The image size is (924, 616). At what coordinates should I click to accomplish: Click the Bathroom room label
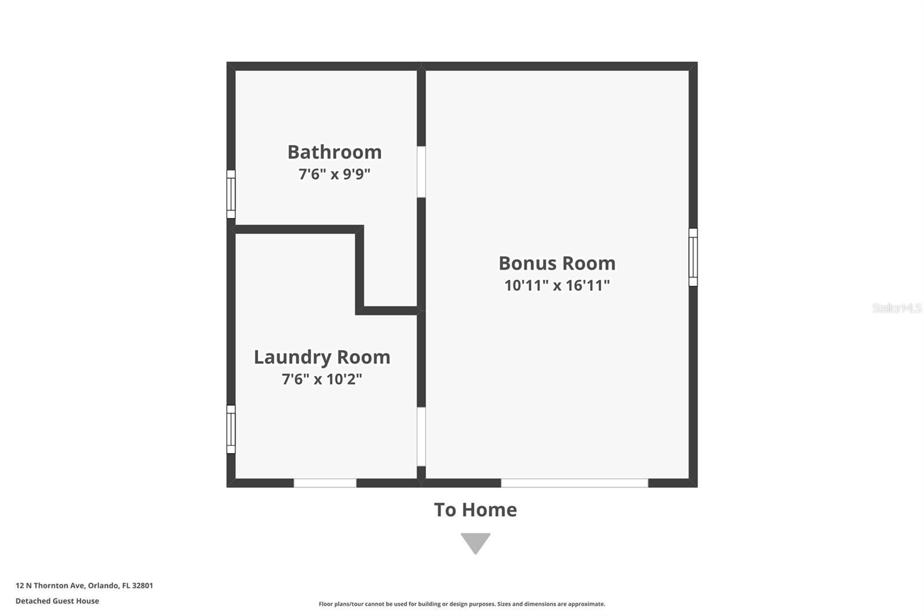point(334,153)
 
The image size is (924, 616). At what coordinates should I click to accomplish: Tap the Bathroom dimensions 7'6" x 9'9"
point(334,175)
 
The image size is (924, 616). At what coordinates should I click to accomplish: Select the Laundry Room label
point(322,357)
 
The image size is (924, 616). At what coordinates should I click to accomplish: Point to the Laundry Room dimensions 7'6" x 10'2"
point(322,379)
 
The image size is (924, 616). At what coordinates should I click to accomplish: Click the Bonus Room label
point(557,264)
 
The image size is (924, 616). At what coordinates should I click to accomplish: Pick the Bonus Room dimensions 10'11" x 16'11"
point(557,285)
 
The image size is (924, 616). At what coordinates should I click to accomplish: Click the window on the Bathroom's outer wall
point(231,194)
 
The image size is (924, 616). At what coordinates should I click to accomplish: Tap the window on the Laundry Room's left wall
point(231,429)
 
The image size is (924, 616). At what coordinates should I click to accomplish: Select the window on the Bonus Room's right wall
point(693,257)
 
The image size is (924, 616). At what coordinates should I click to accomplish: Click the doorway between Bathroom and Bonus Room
point(421,172)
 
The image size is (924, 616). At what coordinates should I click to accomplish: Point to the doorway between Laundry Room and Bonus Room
point(421,437)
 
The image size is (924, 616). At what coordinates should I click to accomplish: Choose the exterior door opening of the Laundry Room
point(325,483)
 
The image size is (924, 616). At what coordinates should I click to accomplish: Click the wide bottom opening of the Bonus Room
point(575,483)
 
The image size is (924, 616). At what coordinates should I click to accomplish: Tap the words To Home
point(475,510)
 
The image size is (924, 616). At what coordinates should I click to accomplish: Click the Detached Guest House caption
point(57,601)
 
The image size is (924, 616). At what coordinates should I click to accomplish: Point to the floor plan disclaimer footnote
point(462,604)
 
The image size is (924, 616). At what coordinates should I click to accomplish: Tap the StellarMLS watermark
point(896,308)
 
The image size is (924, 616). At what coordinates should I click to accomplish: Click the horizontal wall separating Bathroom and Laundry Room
point(295,229)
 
